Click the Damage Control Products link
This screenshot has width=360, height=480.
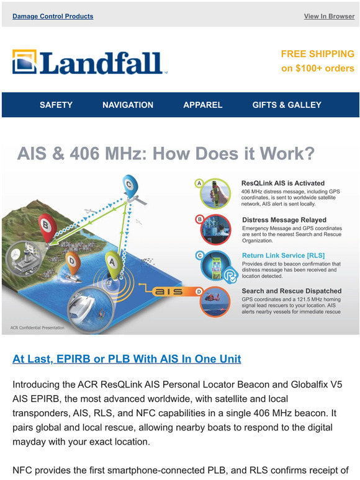coord(53,16)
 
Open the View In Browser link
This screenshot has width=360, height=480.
coord(329,16)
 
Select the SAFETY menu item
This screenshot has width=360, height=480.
coord(56,105)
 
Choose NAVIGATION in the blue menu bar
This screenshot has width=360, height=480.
coord(128,105)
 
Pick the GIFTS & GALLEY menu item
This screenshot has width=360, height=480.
coord(287,105)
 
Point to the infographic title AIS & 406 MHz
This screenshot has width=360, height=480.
coord(165,153)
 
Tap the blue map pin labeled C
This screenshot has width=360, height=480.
coord(128,185)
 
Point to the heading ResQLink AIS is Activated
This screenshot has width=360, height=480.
coord(282,184)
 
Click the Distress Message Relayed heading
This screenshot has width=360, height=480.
coord(284,220)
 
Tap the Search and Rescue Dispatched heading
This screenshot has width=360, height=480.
coord(291,291)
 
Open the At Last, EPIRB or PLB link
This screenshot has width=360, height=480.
coord(127,358)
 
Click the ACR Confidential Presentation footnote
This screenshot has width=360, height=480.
coord(37,327)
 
